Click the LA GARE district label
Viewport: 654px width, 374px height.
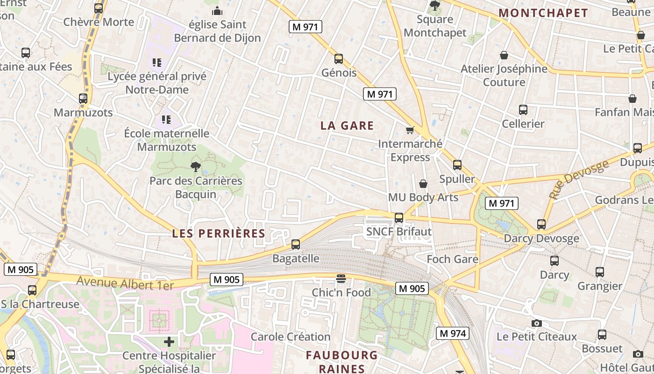coord(347,125)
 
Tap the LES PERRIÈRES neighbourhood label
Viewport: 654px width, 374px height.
coord(219,233)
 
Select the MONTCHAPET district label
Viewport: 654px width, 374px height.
coord(543,13)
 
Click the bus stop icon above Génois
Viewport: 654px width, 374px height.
coord(339,59)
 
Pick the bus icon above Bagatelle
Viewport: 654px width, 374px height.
coord(296,244)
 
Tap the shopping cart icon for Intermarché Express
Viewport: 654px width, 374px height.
coord(410,130)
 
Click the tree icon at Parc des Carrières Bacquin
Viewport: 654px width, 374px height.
coord(196,166)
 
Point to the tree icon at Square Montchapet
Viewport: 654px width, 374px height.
coord(435,6)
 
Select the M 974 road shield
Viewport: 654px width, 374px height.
coord(452,333)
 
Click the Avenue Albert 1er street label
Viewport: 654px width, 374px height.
coord(125,283)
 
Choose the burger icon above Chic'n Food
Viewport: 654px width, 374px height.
coord(341,279)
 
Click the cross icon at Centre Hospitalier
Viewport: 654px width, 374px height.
coord(169,342)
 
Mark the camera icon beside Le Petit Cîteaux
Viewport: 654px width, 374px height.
coord(537,323)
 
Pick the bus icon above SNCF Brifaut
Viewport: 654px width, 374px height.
coord(399,217)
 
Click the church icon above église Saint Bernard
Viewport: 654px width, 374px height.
coord(217,10)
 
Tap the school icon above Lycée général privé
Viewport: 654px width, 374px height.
coord(157,62)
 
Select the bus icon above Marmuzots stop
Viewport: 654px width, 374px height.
coord(83,99)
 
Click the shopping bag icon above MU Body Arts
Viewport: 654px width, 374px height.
coord(423,184)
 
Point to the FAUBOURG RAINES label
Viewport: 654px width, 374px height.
coord(341,361)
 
